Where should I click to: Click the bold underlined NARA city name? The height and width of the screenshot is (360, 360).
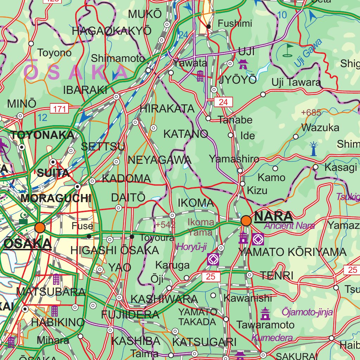click(x=274, y=216)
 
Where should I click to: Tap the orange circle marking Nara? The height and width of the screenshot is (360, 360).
click(x=246, y=221)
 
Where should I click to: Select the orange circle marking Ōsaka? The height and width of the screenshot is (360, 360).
click(x=40, y=227)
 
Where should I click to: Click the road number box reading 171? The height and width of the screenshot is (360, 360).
click(x=59, y=109)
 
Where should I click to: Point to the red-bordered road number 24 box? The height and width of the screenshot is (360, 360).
click(x=223, y=102)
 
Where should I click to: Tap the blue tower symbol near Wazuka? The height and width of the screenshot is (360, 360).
click(x=313, y=149)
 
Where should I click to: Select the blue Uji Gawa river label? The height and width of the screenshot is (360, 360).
click(x=308, y=53)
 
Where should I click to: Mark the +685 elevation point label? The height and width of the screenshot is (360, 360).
click(x=311, y=113)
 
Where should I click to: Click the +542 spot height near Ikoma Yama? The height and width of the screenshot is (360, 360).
click(x=165, y=225)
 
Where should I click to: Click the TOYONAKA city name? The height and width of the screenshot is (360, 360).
click(x=43, y=135)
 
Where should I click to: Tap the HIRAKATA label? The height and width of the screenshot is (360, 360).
click(x=167, y=109)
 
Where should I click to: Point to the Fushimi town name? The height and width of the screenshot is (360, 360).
click(x=235, y=24)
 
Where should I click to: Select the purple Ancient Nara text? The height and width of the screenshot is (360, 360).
click(x=289, y=226)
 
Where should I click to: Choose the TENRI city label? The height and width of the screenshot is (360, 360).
click(x=276, y=276)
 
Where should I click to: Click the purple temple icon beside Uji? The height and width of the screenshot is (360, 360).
click(x=243, y=64)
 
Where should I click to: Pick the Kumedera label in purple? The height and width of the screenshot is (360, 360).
click(x=272, y=338)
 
